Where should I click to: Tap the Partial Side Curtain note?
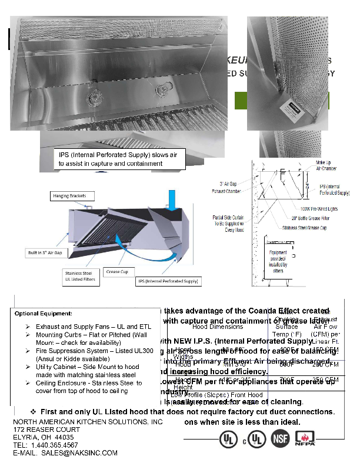pyautogui.click(x=228, y=224)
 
